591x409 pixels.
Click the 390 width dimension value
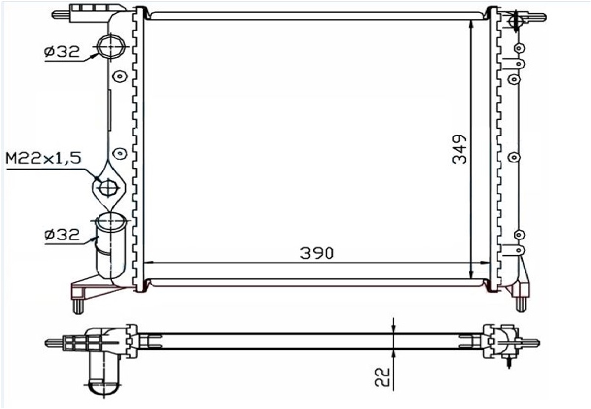[x=317, y=253]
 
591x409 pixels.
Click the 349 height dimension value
[x=460, y=149]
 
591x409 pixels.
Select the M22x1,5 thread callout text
[x=43, y=158]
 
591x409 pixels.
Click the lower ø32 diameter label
[x=62, y=235]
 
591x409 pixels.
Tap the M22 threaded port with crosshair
[x=108, y=188]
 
